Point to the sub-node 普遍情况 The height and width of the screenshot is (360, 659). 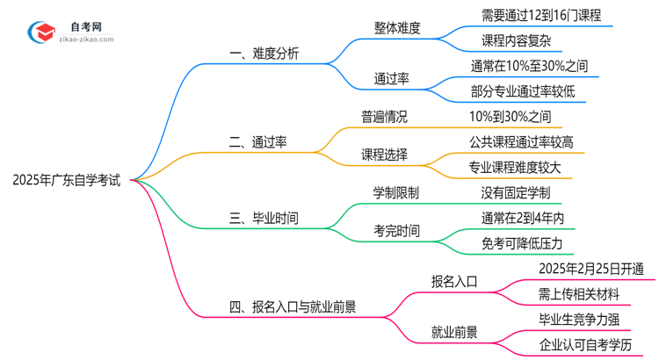pos(384,116)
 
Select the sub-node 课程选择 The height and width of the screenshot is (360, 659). pos(384,155)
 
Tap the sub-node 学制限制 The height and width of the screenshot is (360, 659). pos(396,192)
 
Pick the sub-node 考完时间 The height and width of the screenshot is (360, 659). pos(396,231)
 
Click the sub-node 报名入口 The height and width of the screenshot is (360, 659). pos(454,281)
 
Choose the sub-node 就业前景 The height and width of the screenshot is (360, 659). pos(454,332)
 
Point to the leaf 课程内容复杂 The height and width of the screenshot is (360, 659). pos(518,40)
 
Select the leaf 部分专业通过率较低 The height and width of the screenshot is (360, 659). pos(524,91)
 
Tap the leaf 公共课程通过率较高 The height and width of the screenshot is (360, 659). pos(522,141)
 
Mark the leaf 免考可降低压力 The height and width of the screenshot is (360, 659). pos(522,243)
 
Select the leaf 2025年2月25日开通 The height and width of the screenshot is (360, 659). pos(590,269)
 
